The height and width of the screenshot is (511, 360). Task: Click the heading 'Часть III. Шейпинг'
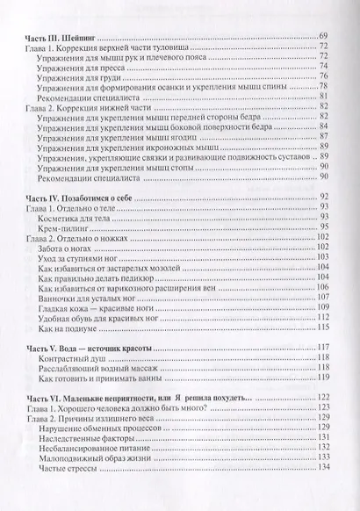click(x=62, y=36)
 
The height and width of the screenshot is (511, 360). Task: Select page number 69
click(x=322, y=36)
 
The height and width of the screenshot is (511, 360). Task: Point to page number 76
click(x=322, y=78)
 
